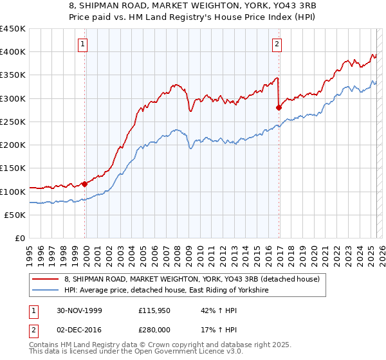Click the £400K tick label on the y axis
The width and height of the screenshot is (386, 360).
click(x=13, y=52)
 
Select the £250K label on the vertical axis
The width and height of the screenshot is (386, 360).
click(x=13, y=122)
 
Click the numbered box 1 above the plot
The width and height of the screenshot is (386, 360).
click(x=84, y=44)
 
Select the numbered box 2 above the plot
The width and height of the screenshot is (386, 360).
click(x=276, y=44)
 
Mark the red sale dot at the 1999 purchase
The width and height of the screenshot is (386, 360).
click(x=84, y=184)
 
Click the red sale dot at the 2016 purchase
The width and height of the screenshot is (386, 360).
click(x=279, y=107)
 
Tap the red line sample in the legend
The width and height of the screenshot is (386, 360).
click(x=46, y=279)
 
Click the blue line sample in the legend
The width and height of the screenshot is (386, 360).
click(x=46, y=291)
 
